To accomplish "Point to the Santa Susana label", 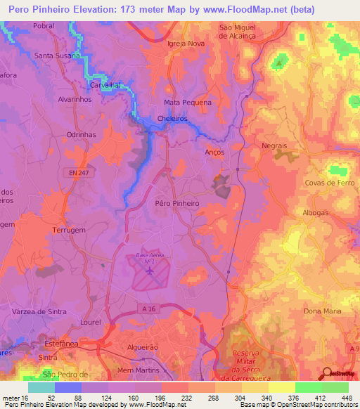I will (x=58, y=56).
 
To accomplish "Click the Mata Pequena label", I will (x=188, y=102).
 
